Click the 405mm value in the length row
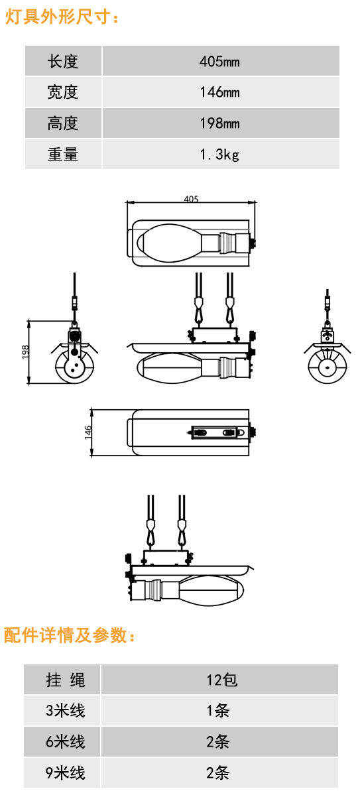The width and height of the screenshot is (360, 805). pos(219,62)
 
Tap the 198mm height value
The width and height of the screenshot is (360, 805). pos(219,123)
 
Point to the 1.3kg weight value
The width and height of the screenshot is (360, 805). pos(219,155)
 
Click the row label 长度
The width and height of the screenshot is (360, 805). pos(63,62)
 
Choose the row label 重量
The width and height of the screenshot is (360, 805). pos(63,155)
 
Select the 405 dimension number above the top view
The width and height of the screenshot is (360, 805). pos(191,199)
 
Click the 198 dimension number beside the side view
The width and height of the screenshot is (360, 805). pos(25,352)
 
